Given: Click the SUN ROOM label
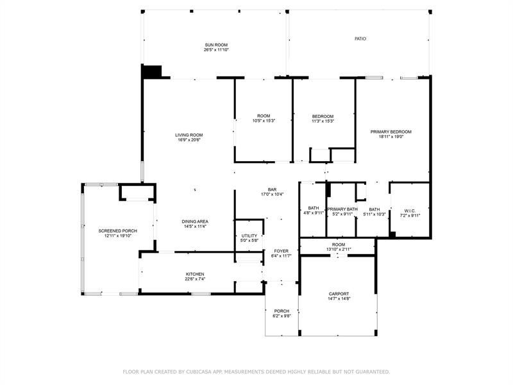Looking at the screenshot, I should pyautogui.click(x=216, y=44).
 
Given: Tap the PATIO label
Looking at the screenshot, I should pyautogui.click(x=360, y=39).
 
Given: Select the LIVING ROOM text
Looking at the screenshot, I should pyautogui.click(x=189, y=135).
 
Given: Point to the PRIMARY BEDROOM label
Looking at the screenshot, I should pyautogui.click(x=391, y=132).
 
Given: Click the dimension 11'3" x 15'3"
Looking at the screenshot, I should pyautogui.click(x=323, y=121).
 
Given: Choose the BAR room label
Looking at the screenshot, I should pyautogui.click(x=272, y=189).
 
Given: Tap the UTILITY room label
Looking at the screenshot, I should pyautogui.click(x=249, y=235).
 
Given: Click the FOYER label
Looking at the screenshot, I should pyautogui.click(x=281, y=251).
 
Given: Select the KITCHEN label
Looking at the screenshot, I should pyautogui.click(x=195, y=274).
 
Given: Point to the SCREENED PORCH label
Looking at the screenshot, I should pyautogui.click(x=115, y=230).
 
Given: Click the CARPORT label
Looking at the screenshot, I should pyautogui.click(x=339, y=293).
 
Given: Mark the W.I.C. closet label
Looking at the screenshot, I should pyautogui.click(x=410, y=210).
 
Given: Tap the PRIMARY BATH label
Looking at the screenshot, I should pyautogui.click(x=342, y=209).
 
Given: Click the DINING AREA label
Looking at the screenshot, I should pyautogui.click(x=196, y=221).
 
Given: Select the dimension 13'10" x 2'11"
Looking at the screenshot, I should pyautogui.click(x=339, y=249).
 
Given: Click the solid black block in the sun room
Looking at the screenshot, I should pyautogui.click(x=153, y=72).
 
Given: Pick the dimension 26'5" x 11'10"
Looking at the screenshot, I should pyautogui.click(x=216, y=49).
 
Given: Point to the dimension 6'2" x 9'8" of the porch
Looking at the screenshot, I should pyautogui.click(x=282, y=316).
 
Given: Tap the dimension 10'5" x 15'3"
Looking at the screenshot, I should pyautogui.click(x=264, y=121).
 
